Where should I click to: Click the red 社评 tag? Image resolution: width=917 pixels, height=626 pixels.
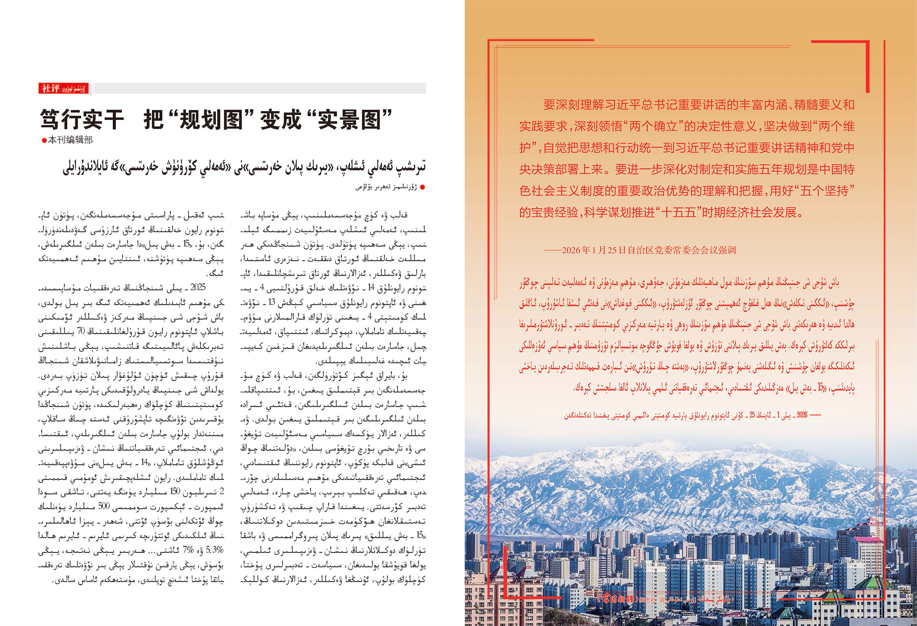[51, 88]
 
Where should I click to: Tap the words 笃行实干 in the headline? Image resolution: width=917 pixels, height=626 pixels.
[82, 120]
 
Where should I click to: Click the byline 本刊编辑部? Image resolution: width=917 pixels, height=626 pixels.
[70, 140]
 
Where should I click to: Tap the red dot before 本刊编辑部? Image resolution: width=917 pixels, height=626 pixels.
[44, 140]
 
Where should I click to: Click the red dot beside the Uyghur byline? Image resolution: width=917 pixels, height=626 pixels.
[423, 187]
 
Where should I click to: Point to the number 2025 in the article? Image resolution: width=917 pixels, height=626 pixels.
[198, 287]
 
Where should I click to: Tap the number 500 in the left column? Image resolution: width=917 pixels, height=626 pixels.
[104, 506]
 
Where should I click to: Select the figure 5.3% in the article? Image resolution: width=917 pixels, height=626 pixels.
[214, 549]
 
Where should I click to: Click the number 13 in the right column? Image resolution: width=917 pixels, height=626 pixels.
[271, 302]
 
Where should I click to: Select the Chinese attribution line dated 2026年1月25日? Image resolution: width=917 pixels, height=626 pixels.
[639, 250]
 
